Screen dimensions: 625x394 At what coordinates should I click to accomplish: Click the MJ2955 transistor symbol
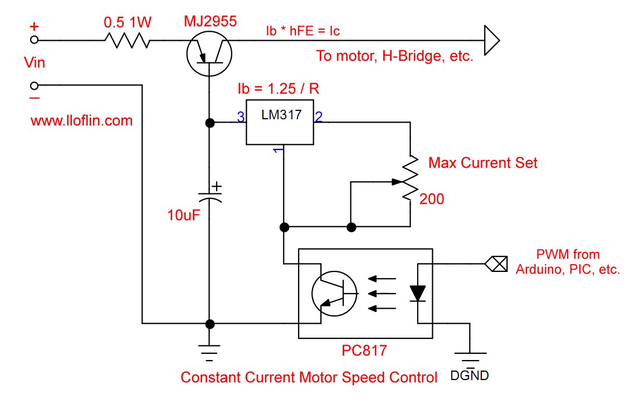[x=209, y=53]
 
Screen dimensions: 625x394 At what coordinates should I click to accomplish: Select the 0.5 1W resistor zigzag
[x=127, y=40]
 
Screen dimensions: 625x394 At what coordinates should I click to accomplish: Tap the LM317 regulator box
[x=280, y=122]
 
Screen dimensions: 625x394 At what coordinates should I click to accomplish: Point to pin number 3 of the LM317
[x=241, y=117]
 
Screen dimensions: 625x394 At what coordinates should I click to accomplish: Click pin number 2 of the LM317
[x=319, y=117]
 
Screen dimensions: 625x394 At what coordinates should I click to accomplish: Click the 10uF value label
[x=183, y=215]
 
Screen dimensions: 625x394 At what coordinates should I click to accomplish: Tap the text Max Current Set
[x=483, y=163]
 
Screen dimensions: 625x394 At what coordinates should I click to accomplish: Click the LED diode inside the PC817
[x=417, y=294]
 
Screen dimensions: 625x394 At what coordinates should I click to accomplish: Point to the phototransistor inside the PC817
[x=334, y=294]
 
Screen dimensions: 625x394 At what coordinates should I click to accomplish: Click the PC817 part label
[x=364, y=351]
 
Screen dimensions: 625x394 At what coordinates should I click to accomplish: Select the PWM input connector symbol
[x=496, y=264]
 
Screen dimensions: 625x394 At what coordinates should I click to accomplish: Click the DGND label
[x=470, y=375]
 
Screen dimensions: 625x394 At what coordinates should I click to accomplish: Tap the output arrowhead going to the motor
[x=492, y=40]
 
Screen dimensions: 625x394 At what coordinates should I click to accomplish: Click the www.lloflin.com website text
[x=81, y=121]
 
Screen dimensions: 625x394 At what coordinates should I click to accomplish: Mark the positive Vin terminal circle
[x=35, y=40]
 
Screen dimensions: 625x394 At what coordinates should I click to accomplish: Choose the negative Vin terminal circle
[x=35, y=85]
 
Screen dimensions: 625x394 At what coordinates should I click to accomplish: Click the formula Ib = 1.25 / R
[x=278, y=89]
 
